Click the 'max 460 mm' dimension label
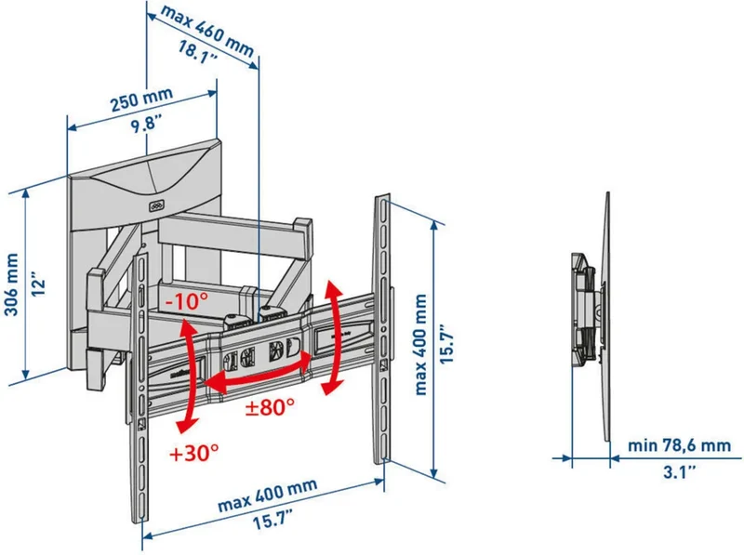click(206, 30)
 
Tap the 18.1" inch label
click(198, 52)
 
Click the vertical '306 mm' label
click(11, 284)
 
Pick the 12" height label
click(38, 284)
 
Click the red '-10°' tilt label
click(187, 300)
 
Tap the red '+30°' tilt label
click(194, 453)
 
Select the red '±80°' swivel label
click(270, 406)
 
